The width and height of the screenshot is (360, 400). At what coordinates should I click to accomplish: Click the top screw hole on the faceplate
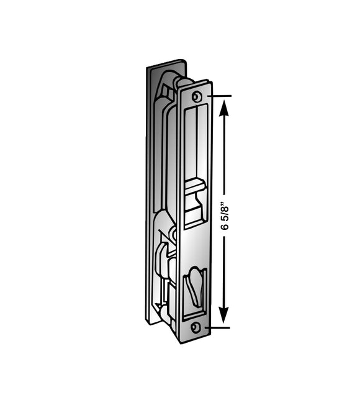[x=197, y=96]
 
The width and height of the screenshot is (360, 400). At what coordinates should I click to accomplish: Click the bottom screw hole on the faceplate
[x=196, y=327]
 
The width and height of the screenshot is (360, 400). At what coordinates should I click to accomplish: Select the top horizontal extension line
[x=220, y=96]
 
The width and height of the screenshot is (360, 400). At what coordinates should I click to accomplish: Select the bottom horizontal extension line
[x=220, y=327]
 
